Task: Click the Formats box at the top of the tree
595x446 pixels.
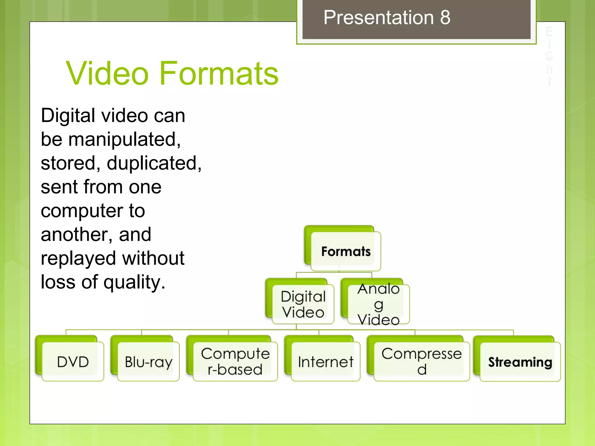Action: (x=346, y=251)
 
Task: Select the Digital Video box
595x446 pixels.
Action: (x=303, y=304)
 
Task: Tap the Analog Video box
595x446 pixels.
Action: (x=379, y=304)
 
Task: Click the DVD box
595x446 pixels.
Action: (x=73, y=362)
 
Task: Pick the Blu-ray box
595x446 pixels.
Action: (x=148, y=362)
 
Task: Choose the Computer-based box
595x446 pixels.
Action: (x=235, y=362)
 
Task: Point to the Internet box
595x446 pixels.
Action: (x=325, y=362)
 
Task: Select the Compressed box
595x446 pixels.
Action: (x=421, y=362)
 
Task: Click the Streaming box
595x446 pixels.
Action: (x=520, y=362)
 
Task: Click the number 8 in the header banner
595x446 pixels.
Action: (x=445, y=17)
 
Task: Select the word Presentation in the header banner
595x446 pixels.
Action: (x=379, y=17)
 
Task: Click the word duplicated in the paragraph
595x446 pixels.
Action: (x=154, y=163)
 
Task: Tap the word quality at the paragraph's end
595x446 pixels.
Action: (x=134, y=282)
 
